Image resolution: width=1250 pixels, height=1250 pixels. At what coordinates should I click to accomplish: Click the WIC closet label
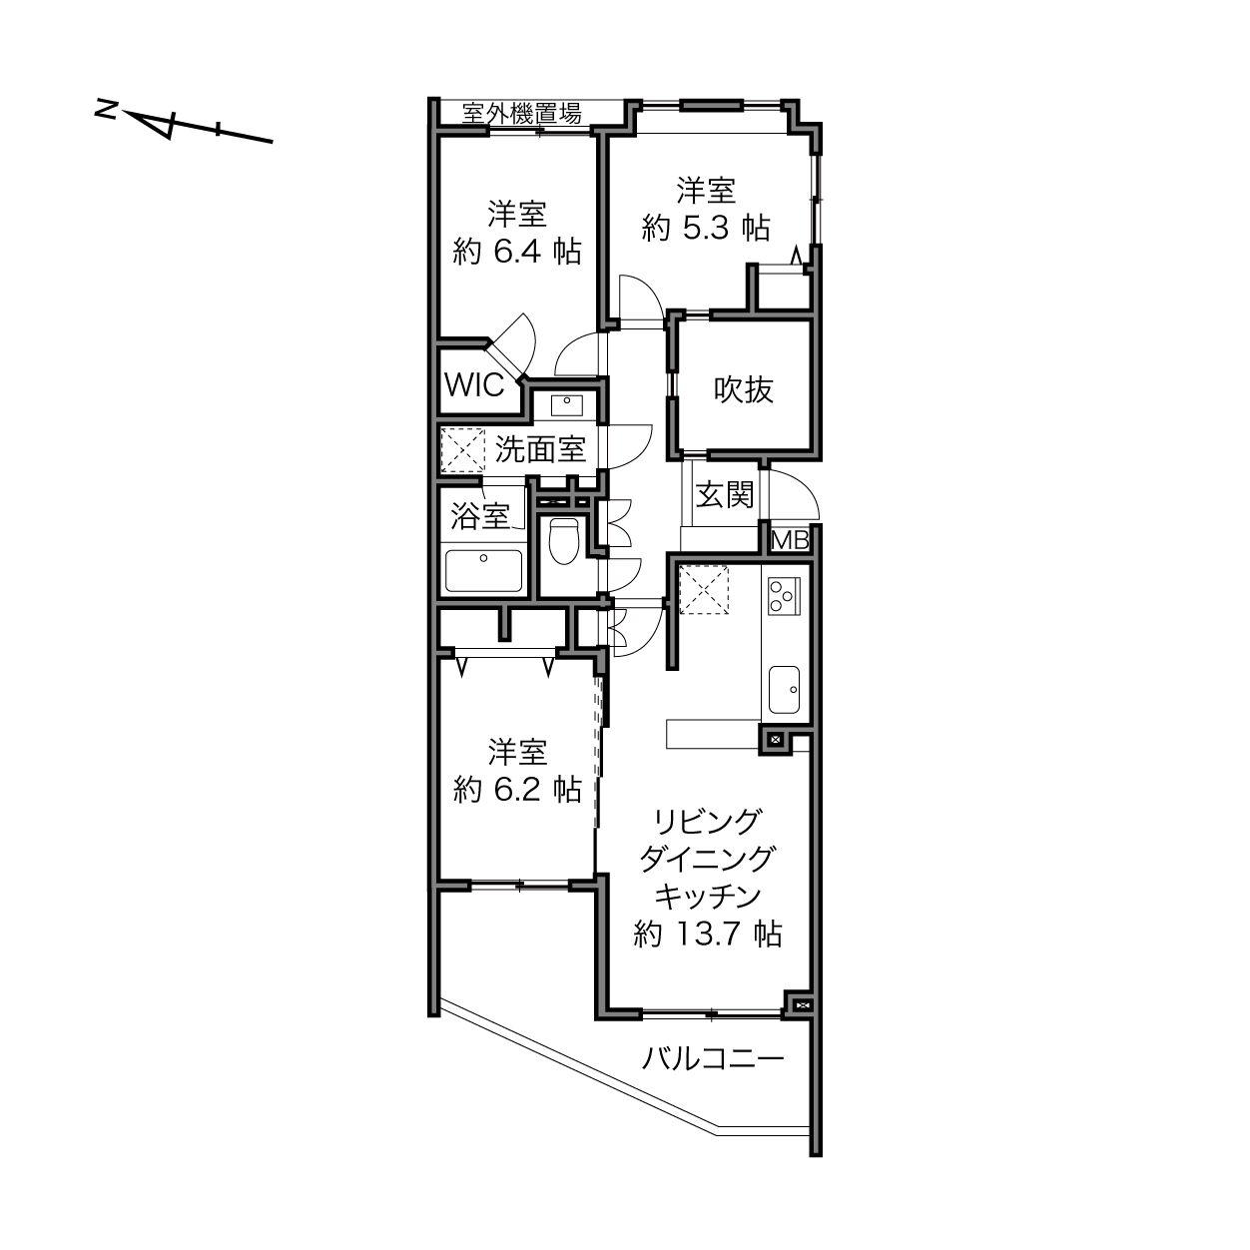474,385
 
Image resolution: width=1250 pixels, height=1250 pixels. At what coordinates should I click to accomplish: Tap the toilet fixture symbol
563,540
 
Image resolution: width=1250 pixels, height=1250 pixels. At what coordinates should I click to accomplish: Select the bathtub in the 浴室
483,571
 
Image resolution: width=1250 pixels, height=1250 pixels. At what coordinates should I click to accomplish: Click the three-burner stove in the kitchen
784,595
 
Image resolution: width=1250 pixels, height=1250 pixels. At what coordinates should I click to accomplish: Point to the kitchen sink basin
784,690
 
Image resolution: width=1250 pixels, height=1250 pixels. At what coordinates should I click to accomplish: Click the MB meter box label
790,540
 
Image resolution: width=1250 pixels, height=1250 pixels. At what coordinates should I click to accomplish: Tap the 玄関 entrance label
725,495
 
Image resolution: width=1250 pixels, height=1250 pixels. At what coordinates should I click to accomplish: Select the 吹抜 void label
744,389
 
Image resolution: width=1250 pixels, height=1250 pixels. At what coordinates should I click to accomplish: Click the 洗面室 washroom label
540,449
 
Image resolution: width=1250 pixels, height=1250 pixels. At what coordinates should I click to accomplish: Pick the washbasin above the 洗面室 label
567,405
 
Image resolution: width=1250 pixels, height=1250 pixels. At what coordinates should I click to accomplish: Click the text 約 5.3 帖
706,229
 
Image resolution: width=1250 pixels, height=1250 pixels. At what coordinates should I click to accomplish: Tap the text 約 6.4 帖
517,252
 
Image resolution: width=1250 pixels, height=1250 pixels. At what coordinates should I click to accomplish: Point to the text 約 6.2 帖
517,790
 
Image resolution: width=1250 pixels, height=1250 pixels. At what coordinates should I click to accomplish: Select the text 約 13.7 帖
707,935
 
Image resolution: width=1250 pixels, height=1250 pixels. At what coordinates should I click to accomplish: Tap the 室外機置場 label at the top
521,114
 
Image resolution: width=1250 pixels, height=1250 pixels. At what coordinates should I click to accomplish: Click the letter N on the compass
106,110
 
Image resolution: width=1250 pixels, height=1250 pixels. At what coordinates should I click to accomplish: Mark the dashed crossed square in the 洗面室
462,450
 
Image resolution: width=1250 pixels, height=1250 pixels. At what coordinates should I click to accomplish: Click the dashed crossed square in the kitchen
704,589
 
